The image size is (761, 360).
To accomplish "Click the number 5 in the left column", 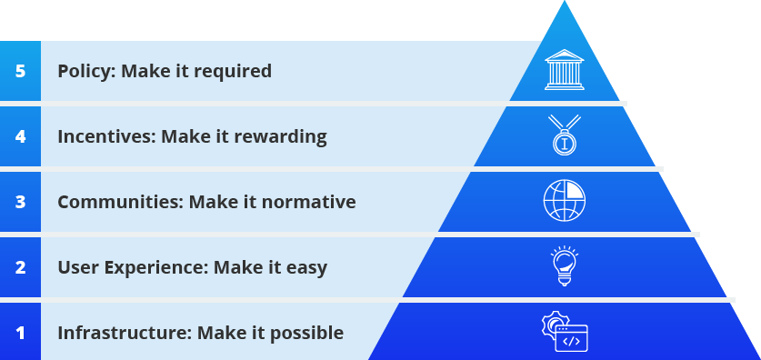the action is pos(20,71).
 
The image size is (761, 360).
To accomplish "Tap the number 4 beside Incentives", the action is pos(20,137).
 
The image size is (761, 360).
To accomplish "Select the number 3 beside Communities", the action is pos(20,202).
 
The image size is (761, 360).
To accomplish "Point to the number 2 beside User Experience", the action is pos(20,267).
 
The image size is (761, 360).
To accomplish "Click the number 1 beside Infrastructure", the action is pos(20,334).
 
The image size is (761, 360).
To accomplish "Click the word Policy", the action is pos(87,72).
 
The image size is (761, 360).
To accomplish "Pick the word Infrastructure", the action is pos(125,333).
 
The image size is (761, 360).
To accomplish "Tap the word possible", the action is pos(306,334).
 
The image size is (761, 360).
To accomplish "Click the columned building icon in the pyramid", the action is pos(565,69).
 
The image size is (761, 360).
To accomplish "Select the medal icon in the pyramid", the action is pos(565,135).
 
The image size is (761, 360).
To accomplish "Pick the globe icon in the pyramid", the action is pos(565,200).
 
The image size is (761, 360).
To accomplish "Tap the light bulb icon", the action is pos(565,265).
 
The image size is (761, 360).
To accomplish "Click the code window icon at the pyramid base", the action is pos(565,332).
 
